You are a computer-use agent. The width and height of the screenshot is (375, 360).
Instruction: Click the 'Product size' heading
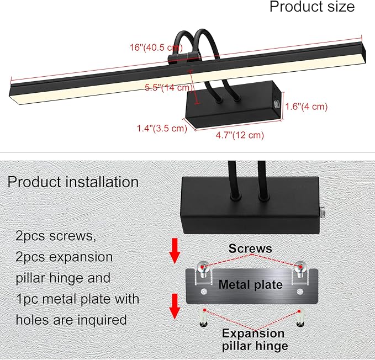coord(311,7)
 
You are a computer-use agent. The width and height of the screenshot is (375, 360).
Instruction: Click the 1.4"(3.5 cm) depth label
coord(162,128)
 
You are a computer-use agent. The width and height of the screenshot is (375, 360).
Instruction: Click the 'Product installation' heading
coord(73,182)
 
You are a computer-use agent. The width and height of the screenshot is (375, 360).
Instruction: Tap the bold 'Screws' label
coord(251,249)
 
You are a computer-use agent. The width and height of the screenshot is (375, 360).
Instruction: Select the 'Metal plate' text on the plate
coord(250,285)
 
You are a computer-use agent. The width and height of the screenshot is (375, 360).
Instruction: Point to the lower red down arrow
coord(175,306)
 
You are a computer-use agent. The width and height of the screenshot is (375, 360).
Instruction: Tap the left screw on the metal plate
coord(203,267)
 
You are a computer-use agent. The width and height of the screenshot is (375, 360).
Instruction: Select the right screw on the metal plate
coord(300,267)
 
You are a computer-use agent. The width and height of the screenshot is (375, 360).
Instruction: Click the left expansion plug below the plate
coord(204,318)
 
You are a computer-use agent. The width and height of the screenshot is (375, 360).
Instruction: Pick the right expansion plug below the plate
coord(300,318)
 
